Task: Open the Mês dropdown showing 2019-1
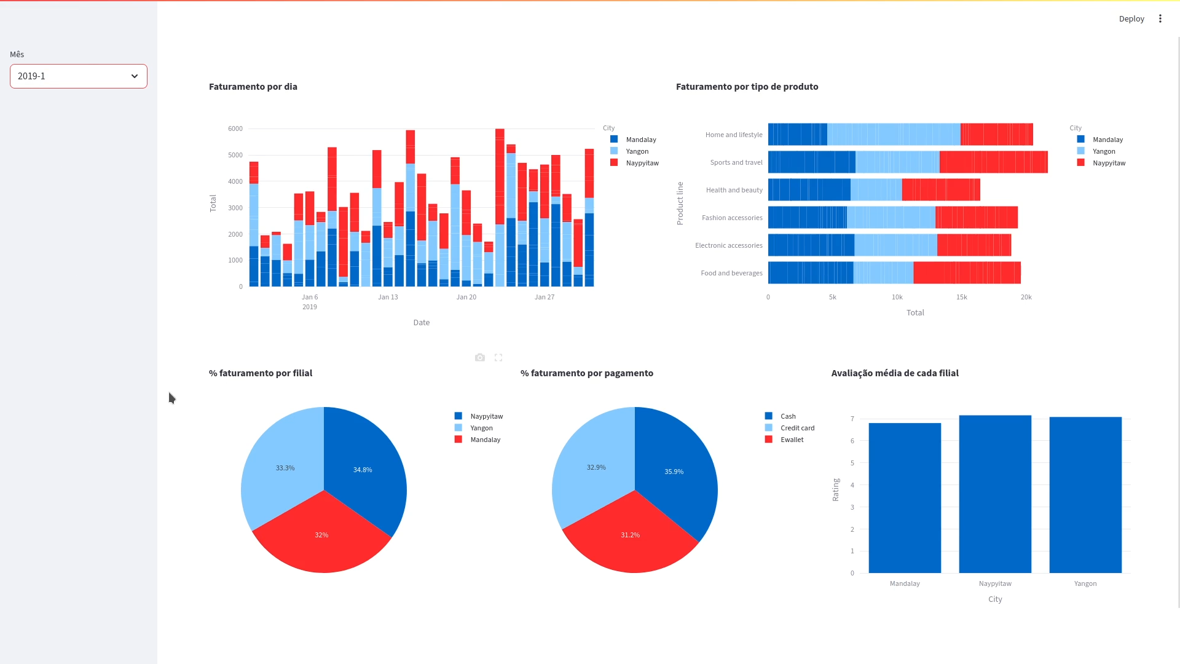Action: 78,76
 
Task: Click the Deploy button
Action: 1131,18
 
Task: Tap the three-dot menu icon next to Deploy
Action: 1160,18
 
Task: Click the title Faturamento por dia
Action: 253,87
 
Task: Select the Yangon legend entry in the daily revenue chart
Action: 637,151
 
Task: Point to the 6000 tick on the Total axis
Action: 235,128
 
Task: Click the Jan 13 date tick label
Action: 388,297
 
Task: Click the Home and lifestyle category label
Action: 733,135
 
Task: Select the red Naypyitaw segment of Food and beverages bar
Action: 966,273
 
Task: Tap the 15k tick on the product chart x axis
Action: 961,297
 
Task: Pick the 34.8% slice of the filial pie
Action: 363,470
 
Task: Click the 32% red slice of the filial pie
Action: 321,535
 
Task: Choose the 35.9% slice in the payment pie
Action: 674,472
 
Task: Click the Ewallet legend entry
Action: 792,440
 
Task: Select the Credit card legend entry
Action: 797,428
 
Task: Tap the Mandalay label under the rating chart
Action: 905,583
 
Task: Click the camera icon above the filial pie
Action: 480,357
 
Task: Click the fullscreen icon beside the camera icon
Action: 498,357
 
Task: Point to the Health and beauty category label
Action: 734,190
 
